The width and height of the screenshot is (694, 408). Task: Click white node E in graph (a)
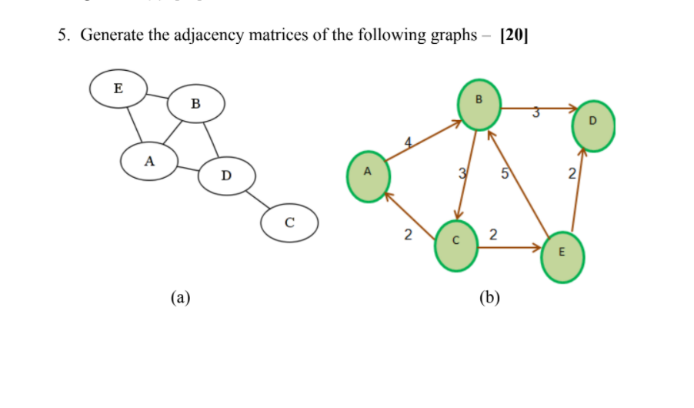118,89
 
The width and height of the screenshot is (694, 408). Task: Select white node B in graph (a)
195,103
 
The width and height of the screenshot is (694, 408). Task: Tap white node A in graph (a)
149,161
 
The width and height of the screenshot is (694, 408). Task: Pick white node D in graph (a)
225,176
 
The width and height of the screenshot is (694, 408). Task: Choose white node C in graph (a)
289,223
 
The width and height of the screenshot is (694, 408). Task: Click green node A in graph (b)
368,176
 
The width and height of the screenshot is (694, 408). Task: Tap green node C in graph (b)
455,246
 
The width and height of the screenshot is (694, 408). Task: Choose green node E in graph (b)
562,256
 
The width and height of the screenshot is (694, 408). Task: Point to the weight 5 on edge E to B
504,173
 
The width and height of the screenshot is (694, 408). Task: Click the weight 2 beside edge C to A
409,233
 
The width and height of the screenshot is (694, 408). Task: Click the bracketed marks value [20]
514,35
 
